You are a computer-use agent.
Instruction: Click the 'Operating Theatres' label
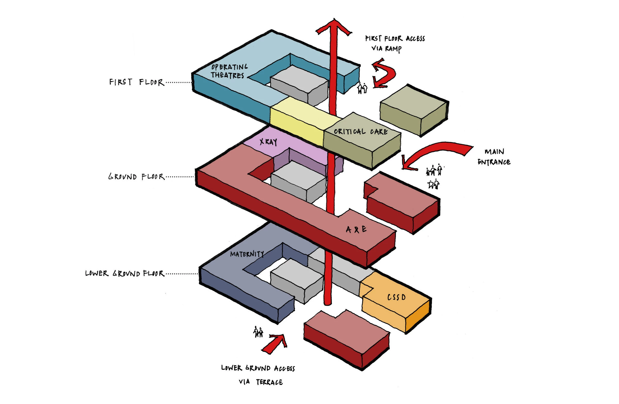pos(228,71)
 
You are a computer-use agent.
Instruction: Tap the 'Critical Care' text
pos(361,131)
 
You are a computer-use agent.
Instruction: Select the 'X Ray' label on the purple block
pos(268,142)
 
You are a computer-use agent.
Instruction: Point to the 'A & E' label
pos(356,229)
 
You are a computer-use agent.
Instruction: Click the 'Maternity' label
pos(247,254)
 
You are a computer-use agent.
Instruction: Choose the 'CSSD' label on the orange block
pos(396,297)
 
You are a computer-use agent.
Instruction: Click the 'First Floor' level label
pos(136,82)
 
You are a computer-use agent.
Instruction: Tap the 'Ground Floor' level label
pos(136,177)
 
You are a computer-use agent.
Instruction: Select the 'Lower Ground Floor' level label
pos(125,273)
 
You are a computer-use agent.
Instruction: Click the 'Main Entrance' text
pos(494,157)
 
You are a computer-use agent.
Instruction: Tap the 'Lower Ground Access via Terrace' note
pos(258,375)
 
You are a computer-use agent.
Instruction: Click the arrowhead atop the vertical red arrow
pos(334,27)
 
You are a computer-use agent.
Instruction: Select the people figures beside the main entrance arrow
pos(434,177)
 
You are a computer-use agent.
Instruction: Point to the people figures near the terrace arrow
pos(258,332)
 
